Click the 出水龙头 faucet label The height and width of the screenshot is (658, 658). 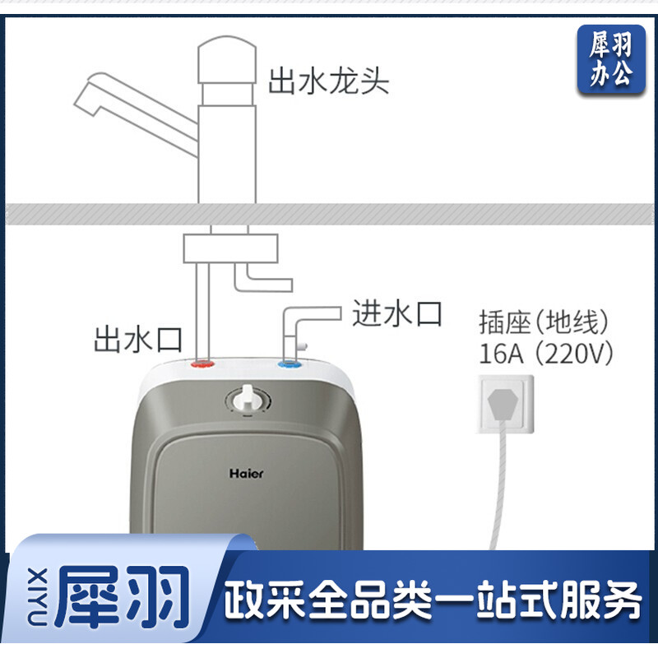328,81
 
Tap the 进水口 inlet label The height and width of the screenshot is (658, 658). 396,313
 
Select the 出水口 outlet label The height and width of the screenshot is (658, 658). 138,340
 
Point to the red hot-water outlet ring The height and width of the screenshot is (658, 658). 202,363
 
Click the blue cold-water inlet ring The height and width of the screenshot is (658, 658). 290,363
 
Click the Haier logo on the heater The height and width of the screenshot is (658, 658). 246,474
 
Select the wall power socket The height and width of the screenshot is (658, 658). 506,404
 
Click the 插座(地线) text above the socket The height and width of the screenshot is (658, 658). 544,322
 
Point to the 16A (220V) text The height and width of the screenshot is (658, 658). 545,354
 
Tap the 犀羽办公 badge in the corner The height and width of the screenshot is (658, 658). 611,59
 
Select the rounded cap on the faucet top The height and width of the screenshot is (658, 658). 227,59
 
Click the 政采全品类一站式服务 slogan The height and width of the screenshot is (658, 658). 433,600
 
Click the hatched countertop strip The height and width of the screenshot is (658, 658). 329,214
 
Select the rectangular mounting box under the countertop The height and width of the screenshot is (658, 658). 231,248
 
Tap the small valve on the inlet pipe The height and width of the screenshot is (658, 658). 302,346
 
